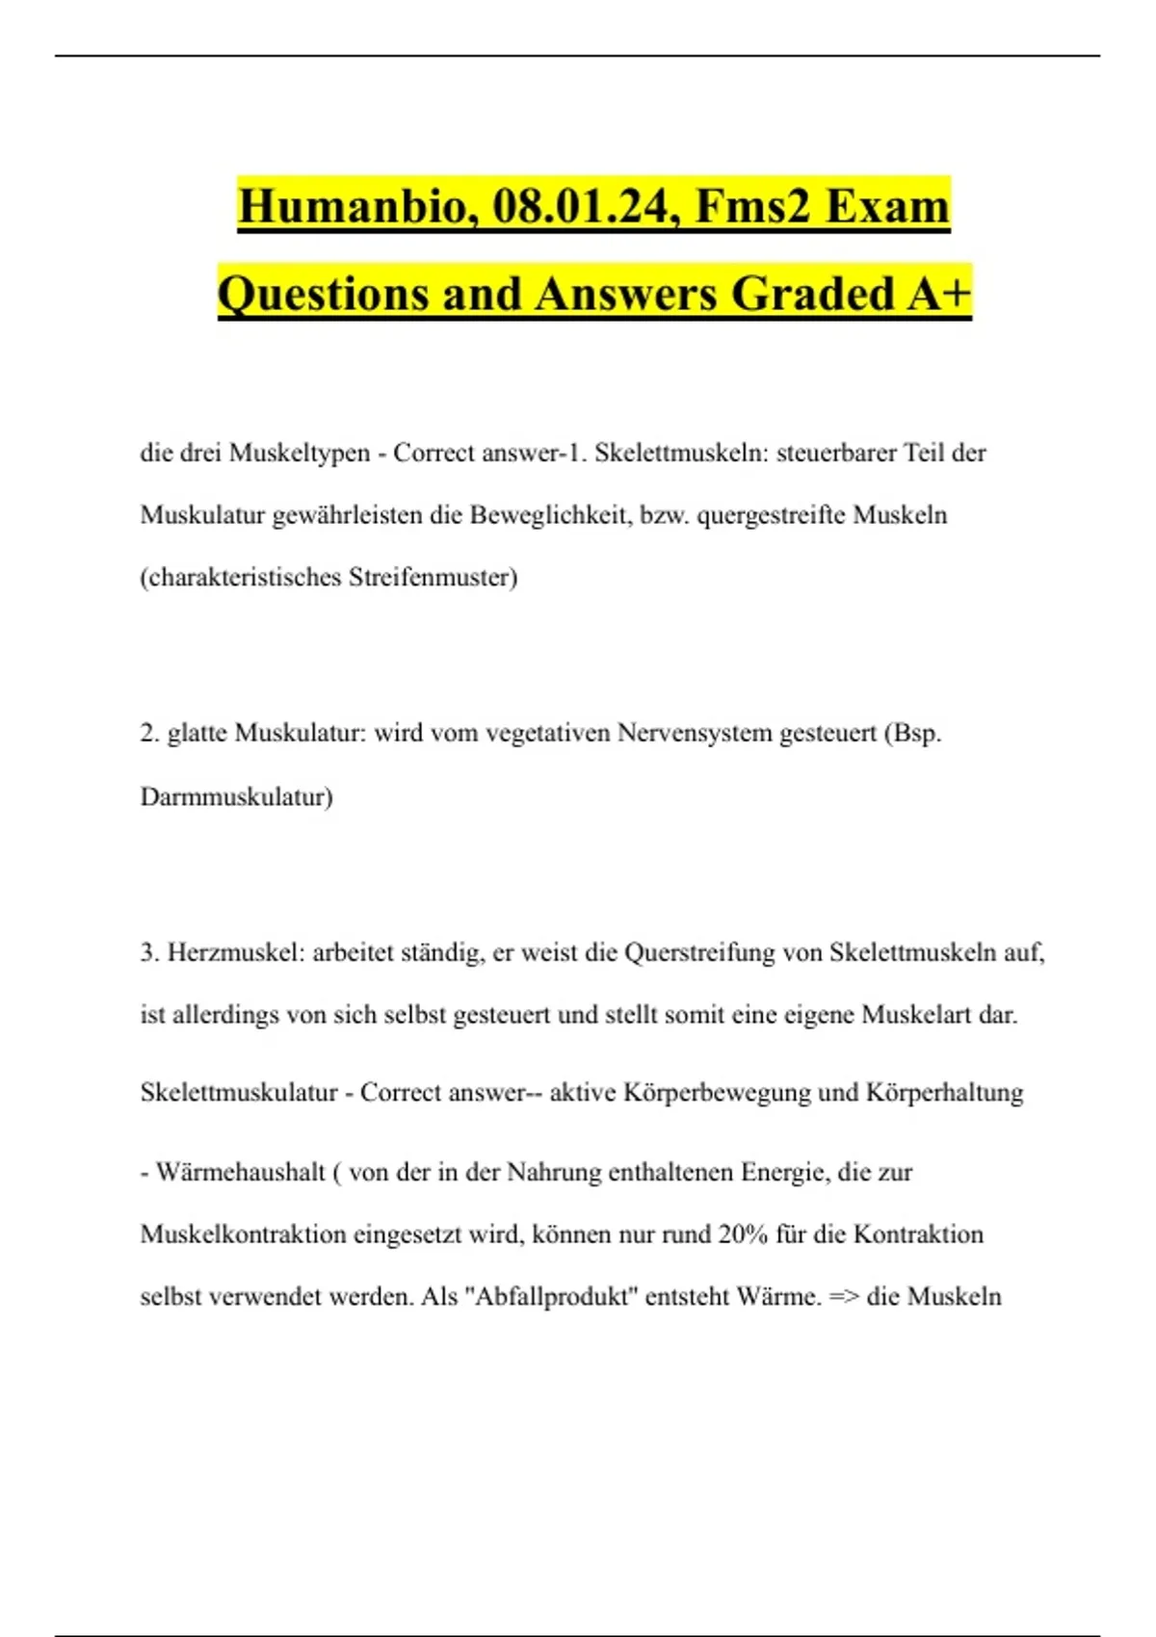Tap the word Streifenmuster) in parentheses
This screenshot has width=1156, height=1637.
tap(433, 577)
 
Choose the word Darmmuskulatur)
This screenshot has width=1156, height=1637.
tap(236, 796)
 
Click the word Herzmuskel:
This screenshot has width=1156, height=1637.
tap(235, 952)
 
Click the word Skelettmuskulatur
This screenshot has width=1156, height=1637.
tap(239, 1092)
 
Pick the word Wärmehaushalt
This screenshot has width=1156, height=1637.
tap(241, 1172)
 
